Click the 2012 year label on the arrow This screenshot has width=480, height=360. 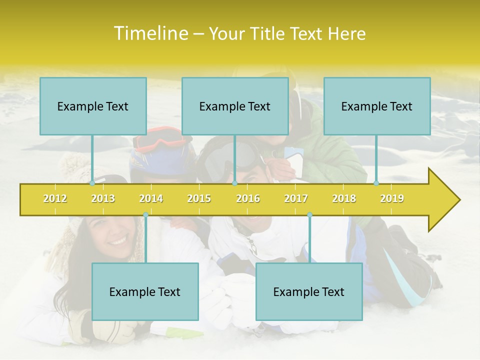(x=55, y=198)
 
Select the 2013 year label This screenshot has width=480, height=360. (x=103, y=198)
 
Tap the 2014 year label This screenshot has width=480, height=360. (x=151, y=198)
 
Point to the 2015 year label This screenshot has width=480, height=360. (x=199, y=198)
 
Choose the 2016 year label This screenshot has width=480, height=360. (x=248, y=198)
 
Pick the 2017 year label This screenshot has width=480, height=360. (x=296, y=198)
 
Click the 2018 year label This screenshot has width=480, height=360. (x=344, y=198)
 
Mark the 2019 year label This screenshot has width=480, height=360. (x=392, y=198)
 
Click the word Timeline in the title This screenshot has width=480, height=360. (x=149, y=33)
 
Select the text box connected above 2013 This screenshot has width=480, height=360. (x=93, y=106)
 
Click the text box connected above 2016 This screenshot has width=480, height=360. (x=235, y=106)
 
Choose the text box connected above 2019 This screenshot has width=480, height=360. (x=377, y=106)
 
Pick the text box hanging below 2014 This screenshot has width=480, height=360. (x=145, y=291)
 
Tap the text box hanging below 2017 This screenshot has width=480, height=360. (x=309, y=291)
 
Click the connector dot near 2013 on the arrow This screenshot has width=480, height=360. (x=92, y=183)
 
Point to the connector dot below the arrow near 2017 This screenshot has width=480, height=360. (x=309, y=215)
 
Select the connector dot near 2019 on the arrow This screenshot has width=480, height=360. (x=376, y=183)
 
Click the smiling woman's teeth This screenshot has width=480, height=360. (x=118, y=240)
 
